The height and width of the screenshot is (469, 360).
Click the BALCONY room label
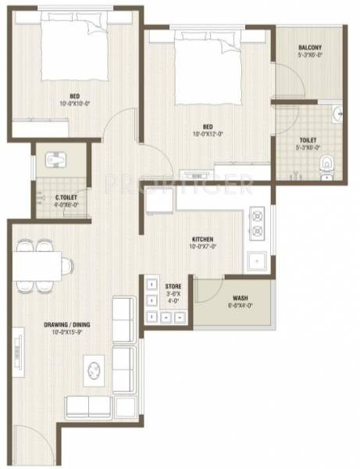[310, 48]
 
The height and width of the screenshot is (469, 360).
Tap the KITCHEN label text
[203, 239]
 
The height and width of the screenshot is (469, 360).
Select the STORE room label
[173, 287]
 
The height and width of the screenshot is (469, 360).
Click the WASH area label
[241, 298]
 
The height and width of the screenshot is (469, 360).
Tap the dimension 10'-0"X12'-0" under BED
[209, 133]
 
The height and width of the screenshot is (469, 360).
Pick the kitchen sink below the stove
[255, 261]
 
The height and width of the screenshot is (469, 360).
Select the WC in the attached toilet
[330, 165]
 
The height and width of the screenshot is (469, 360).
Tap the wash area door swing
[207, 289]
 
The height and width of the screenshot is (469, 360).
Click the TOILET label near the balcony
[307, 141]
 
